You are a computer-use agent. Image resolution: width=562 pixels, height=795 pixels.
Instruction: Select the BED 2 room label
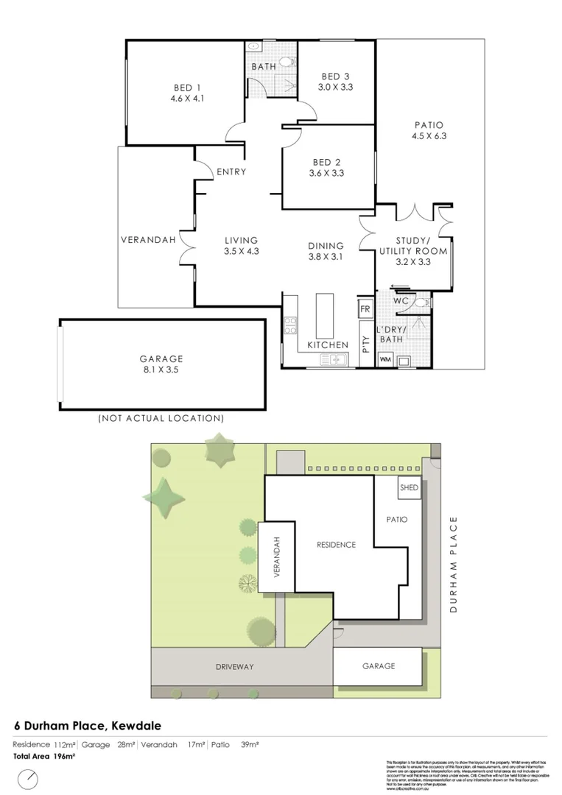coord(328,161)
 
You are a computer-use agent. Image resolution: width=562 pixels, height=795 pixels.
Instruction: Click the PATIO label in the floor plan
coord(429,124)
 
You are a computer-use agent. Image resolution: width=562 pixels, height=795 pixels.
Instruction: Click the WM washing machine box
coord(384,360)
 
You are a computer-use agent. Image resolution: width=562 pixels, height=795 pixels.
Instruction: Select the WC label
coord(401,301)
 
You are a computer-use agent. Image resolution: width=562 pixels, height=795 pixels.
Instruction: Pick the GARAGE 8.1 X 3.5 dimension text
coord(161,370)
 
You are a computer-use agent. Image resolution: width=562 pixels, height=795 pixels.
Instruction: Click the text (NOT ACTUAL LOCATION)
coord(161,418)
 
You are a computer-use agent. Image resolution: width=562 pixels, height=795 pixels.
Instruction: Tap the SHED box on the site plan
coord(409,488)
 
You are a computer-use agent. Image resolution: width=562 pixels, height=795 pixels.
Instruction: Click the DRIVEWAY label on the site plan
coord(235,666)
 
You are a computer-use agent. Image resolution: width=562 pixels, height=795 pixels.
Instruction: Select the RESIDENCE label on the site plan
coord(336,545)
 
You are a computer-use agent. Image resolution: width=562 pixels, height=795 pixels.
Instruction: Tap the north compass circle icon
coord(28,778)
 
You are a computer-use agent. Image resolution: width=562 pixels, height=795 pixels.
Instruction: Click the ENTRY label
coord(231,172)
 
